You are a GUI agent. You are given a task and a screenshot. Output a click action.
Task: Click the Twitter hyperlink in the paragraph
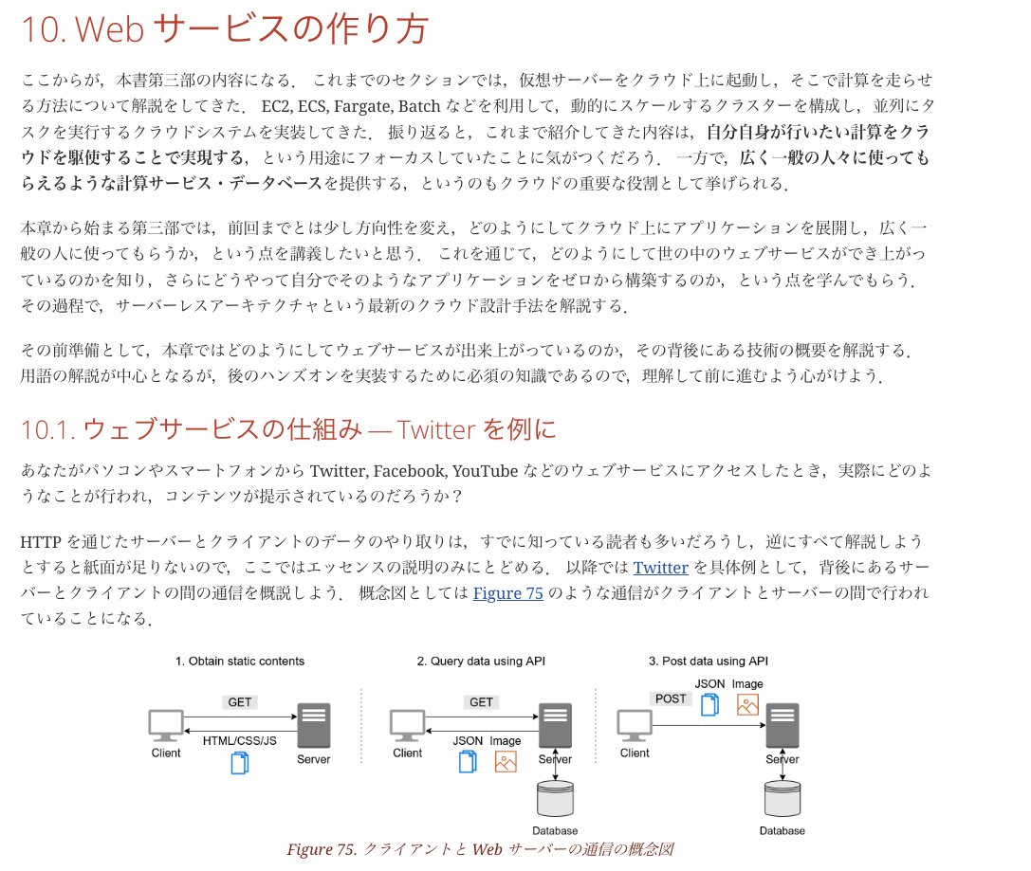click(x=660, y=568)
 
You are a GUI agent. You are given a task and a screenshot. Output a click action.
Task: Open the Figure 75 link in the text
click(x=507, y=593)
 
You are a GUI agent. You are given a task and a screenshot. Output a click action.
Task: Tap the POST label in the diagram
click(x=671, y=699)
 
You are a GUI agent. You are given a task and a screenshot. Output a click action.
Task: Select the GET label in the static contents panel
click(x=240, y=702)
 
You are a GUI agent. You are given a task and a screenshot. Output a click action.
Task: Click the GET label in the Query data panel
click(x=482, y=702)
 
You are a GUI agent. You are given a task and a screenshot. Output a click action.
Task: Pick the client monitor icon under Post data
click(x=635, y=725)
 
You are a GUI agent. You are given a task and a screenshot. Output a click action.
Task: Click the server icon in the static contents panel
click(x=313, y=726)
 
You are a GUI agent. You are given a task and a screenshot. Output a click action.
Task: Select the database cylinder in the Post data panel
click(x=782, y=799)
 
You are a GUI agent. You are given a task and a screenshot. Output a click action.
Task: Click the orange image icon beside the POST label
click(x=747, y=705)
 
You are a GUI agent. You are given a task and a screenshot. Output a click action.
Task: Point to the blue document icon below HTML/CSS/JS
click(x=240, y=762)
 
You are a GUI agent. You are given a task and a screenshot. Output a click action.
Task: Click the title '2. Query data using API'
click(x=481, y=661)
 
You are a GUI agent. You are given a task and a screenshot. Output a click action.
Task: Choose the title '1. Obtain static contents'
click(x=240, y=661)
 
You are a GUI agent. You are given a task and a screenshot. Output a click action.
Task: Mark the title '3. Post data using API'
click(x=708, y=661)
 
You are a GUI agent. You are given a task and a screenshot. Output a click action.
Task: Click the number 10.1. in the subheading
click(x=47, y=430)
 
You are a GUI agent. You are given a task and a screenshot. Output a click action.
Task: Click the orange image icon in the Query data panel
click(x=506, y=761)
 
